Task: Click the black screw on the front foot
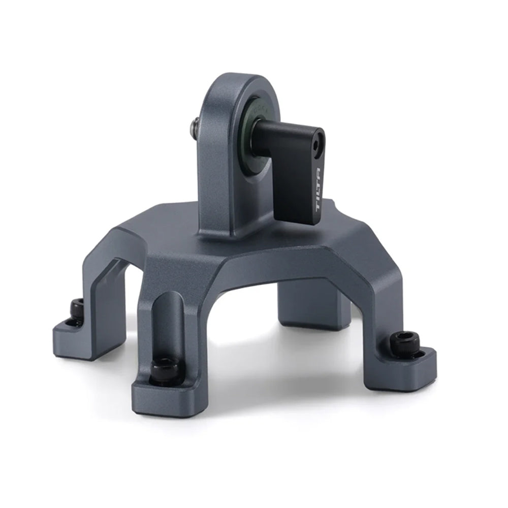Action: (x=165, y=369)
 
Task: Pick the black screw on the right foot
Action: (x=405, y=344)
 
